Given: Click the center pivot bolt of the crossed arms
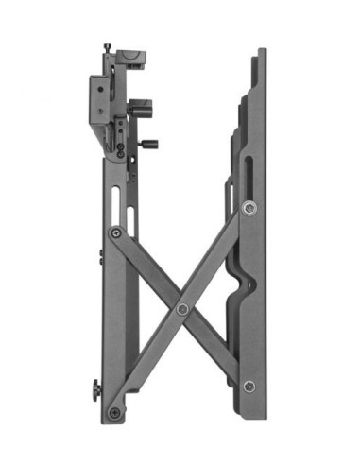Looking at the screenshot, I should click(x=181, y=308).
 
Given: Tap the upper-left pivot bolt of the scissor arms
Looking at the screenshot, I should click(x=115, y=232).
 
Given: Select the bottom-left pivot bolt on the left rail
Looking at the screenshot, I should click(x=115, y=412).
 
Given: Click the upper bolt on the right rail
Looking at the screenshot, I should click(x=249, y=208).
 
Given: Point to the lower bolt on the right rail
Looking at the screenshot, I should click(x=249, y=386).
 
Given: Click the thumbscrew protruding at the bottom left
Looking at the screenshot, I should click(x=95, y=387).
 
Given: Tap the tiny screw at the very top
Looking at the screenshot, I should click(x=109, y=47).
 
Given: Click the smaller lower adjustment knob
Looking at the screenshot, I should click(x=148, y=145).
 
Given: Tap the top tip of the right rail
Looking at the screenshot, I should click(x=260, y=53).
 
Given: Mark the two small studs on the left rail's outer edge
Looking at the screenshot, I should click(x=100, y=256).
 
